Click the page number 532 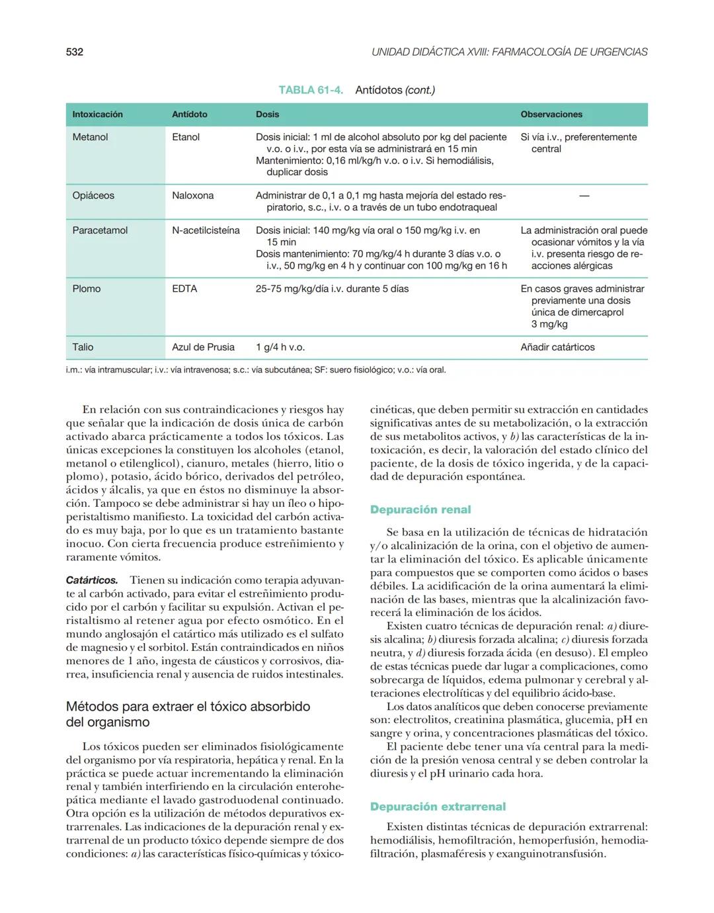(75, 52)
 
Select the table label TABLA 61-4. (310, 90)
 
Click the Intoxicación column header (97, 114)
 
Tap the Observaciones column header (551, 114)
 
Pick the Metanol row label (90, 137)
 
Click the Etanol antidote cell (185, 137)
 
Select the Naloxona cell (192, 195)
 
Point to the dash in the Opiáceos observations (583, 196)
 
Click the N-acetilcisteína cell (206, 230)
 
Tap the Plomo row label (87, 288)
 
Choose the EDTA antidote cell (184, 288)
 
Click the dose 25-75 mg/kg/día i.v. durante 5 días (332, 288)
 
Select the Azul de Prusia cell (203, 347)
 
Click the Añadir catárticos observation (557, 347)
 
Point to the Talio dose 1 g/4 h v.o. (280, 347)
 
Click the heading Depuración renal (420, 509)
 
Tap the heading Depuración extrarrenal (438, 806)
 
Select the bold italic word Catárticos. (92, 580)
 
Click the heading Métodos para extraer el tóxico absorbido (188, 714)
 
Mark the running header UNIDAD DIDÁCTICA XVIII (509, 52)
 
